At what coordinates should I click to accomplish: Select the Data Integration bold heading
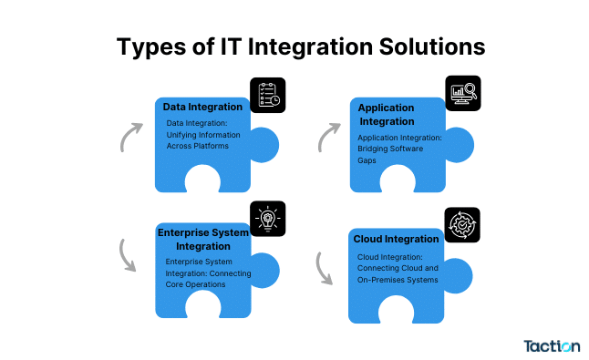201,108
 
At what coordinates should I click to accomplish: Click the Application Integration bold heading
387,114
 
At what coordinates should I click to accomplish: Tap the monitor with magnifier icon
462,94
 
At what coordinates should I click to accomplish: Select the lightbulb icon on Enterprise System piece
267,219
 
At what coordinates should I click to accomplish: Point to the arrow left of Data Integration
129,136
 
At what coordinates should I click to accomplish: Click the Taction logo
552,345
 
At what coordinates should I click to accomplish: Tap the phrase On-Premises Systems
398,279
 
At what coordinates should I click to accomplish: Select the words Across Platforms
197,146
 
